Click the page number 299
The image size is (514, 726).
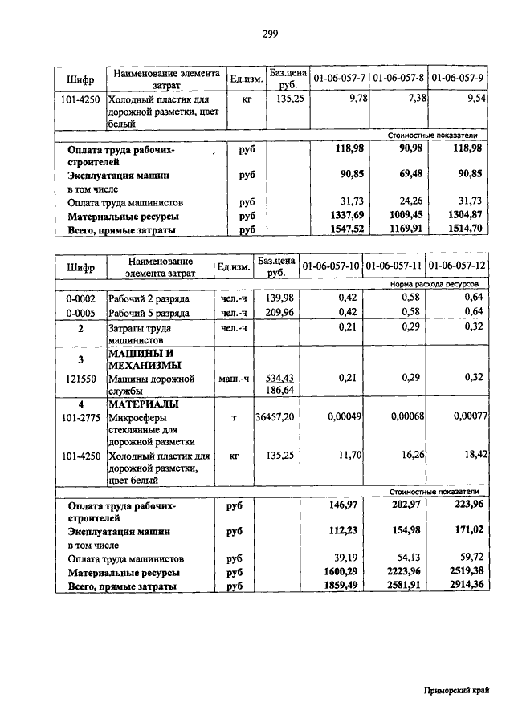(270, 34)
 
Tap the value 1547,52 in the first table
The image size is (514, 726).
(351, 229)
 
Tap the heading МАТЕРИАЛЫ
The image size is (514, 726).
(143, 404)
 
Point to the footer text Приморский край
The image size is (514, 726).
(456, 691)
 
